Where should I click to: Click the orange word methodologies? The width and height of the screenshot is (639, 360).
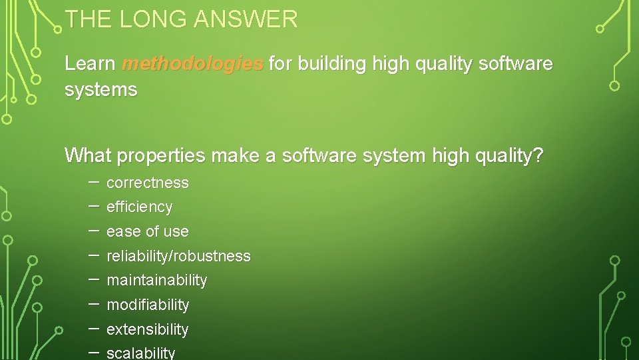pyautogui.click(x=193, y=64)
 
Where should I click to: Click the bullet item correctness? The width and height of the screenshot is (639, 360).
pyautogui.click(x=147, y=183)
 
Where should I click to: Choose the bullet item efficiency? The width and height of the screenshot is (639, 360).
pyautogui.click(x=139, y=207)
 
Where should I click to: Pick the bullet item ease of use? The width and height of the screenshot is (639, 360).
pyautogui.click(x=147, y=232)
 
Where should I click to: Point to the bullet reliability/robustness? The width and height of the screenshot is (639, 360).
pyautogui.click(x=178, y=256)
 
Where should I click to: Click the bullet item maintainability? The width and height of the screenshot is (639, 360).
pyautogui.click(x=156, y=281)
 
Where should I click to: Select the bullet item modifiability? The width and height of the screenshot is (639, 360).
pyautogui.click(x=148, y=305)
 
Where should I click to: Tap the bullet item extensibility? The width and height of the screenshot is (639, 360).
pyautogui.click(x=147, y=329)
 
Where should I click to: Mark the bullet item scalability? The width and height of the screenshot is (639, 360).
pyautogui.click(x=140, y=353)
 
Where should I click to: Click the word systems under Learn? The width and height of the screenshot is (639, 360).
pyautogui.click(x=101, y=89)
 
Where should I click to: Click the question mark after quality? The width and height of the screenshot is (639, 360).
pyautogui.click(x=538, y=156)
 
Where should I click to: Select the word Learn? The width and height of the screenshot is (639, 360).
pyautogui.click(x=91, y=64)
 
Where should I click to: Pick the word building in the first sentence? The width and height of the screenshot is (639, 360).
pyautogui.click(x=332, y=64)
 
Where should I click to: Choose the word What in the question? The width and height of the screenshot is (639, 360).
pyautogui.click(x=88, y=156)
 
